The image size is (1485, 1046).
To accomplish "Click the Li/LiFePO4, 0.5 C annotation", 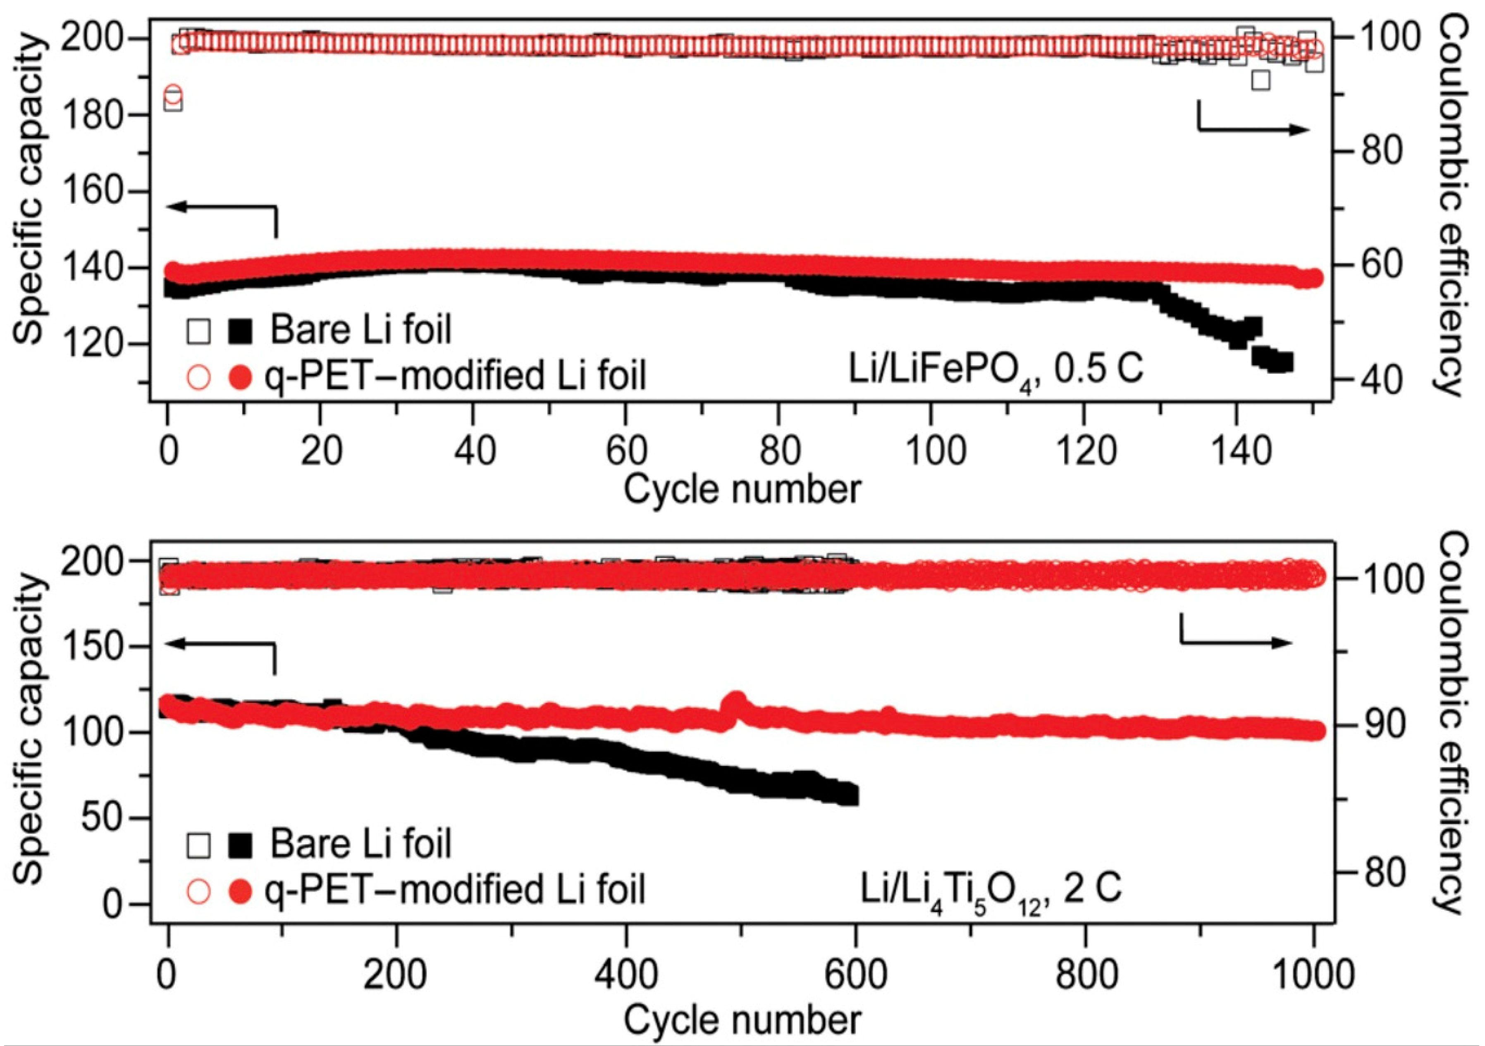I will (x=996, y=372).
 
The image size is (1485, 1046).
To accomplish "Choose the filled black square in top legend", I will (x=241, y=330).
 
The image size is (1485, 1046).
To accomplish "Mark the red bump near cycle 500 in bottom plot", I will (x=736, y=701).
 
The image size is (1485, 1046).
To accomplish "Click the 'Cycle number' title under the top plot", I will (x=742, y=489).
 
